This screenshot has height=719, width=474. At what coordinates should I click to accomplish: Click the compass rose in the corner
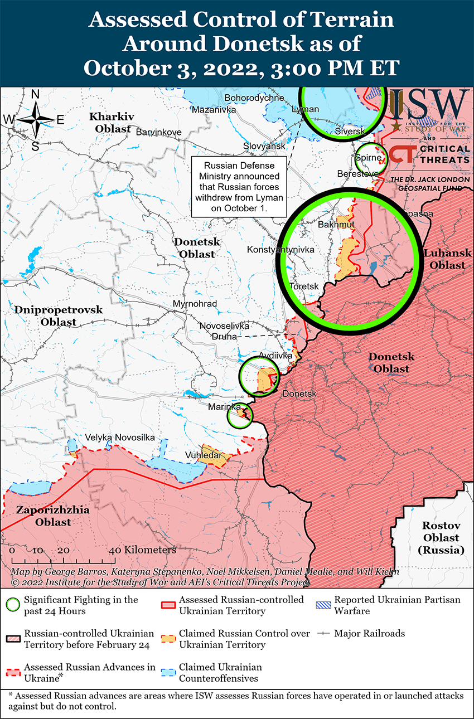tap(35, 119)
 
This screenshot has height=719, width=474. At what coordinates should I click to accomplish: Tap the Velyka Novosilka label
tap(120, 438)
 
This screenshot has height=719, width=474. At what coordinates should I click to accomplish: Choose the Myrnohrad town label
tap(195, 303)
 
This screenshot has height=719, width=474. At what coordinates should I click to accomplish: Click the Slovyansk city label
tap(264, 146)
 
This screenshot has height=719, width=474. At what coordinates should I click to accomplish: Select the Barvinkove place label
tap(158, 132)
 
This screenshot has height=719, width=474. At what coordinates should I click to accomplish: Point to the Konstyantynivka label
tap(280, 249)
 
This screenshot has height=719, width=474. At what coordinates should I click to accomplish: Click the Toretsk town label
tap(304, 286)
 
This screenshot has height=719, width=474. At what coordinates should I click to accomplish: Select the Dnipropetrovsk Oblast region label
tap(59, 315)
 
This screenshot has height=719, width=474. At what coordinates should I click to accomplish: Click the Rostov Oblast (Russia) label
tap(441, 538)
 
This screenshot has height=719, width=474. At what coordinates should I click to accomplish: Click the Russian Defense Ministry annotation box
tap(239, 186)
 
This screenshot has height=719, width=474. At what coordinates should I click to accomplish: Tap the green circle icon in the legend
tap(13, 605)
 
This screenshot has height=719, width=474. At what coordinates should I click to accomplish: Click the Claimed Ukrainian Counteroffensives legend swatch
tap(168, 673)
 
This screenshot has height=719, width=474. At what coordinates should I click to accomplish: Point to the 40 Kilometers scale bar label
tap(143, 550)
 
